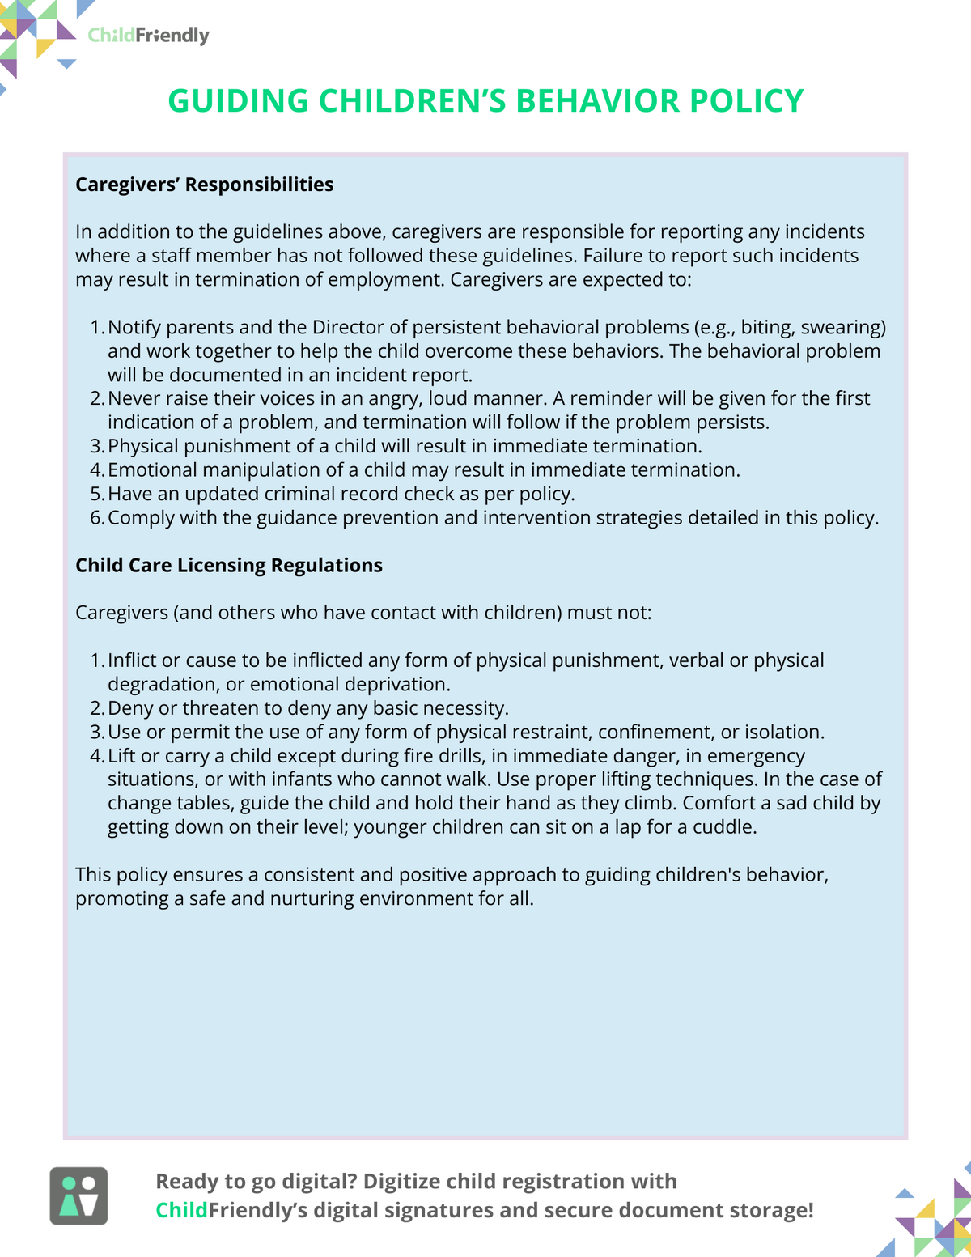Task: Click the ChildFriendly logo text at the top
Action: (148, 36)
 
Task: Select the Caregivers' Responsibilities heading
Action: (204, 185)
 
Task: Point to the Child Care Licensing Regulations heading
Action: (229, 565)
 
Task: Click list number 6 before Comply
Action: (97, 518)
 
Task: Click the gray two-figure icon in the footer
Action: (78, 1195)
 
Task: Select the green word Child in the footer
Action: (181, 1210)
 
